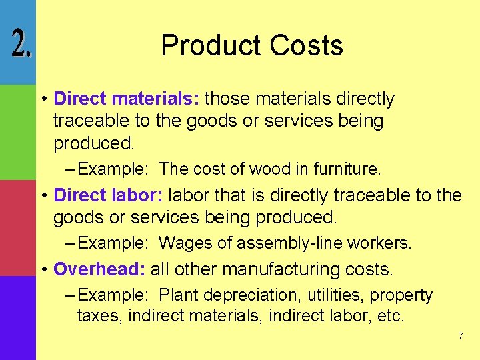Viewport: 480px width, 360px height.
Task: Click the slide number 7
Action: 460,336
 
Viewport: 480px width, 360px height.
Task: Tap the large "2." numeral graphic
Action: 18,45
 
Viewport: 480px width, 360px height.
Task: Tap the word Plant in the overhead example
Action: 179,295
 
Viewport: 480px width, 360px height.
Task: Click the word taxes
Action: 99,315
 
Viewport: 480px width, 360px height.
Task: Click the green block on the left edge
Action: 17,132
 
